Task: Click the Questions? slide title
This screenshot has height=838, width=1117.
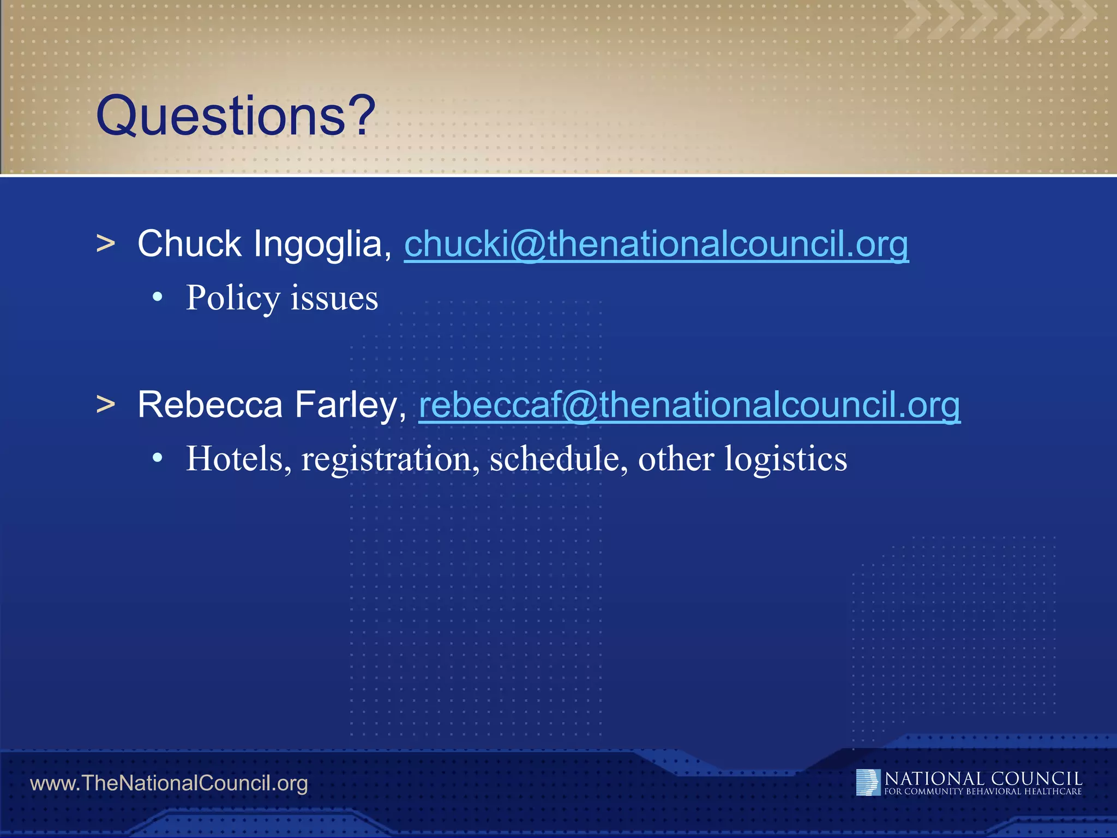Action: [x=236, y=116]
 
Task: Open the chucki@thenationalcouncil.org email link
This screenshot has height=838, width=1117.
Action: [x=656, y=244]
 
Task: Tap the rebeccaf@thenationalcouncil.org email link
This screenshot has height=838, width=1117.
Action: [x=689, y=405]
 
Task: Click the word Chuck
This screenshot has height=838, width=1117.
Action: [x=189, y=244]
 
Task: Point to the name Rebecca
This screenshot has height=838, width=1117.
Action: [x=210, y=405]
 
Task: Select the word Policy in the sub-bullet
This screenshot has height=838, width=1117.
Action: [x=233, y=298]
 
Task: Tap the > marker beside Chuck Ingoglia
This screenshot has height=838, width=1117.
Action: [x=106, y=244]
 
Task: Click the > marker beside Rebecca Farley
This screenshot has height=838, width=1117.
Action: [x=106, y=405]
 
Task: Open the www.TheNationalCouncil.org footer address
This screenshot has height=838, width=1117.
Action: [x=169, y=783]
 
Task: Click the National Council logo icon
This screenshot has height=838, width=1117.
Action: [x=868, y=782]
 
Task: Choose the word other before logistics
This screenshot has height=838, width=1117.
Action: [x=676, y=458]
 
